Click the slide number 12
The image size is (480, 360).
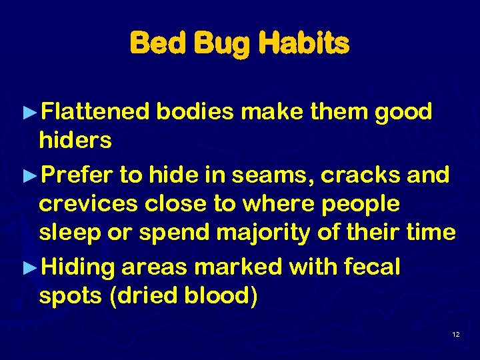pyautogui.click(x=455, y=334)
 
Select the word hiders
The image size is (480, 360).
pyautogui.click(x=75, y=141)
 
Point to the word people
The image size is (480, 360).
pyautogui.click(x=360, y=205)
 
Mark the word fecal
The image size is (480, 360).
pyautogui.click(x=371, y=267)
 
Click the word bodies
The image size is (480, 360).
pyautogui.click(x=195, y=111)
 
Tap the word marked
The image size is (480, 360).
pyautogui.click(x=239, y=267)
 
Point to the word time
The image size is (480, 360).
pyautogui.click(x=430, y=233)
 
